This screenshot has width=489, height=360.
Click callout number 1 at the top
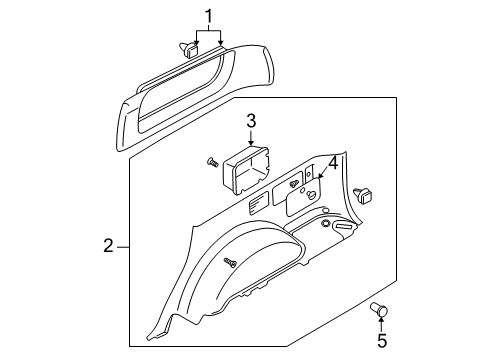click(208, 17)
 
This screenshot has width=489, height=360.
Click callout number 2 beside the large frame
click(109, 246)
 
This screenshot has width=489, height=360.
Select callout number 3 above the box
click(251, 121)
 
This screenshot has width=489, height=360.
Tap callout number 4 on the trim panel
click(333, 163)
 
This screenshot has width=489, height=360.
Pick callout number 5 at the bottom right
click(382, 341)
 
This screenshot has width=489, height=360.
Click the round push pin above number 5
click(380, 310)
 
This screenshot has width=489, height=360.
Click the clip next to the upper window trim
click(189, 50)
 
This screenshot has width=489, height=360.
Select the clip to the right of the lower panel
click(363, 196)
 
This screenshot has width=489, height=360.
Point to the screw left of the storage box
click(212, 162)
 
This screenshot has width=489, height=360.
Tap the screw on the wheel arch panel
click(230, 262)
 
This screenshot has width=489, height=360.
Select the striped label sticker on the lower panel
click(259, 204)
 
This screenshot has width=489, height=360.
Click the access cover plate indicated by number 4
click(304, 198)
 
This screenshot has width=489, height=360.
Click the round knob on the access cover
click(314, 196)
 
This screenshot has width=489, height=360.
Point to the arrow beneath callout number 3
click(251, 137)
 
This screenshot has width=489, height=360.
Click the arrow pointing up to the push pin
click(381, 324)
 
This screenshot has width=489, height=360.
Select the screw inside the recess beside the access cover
click(294, 184)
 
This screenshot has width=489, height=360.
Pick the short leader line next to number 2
click(123, 247)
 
